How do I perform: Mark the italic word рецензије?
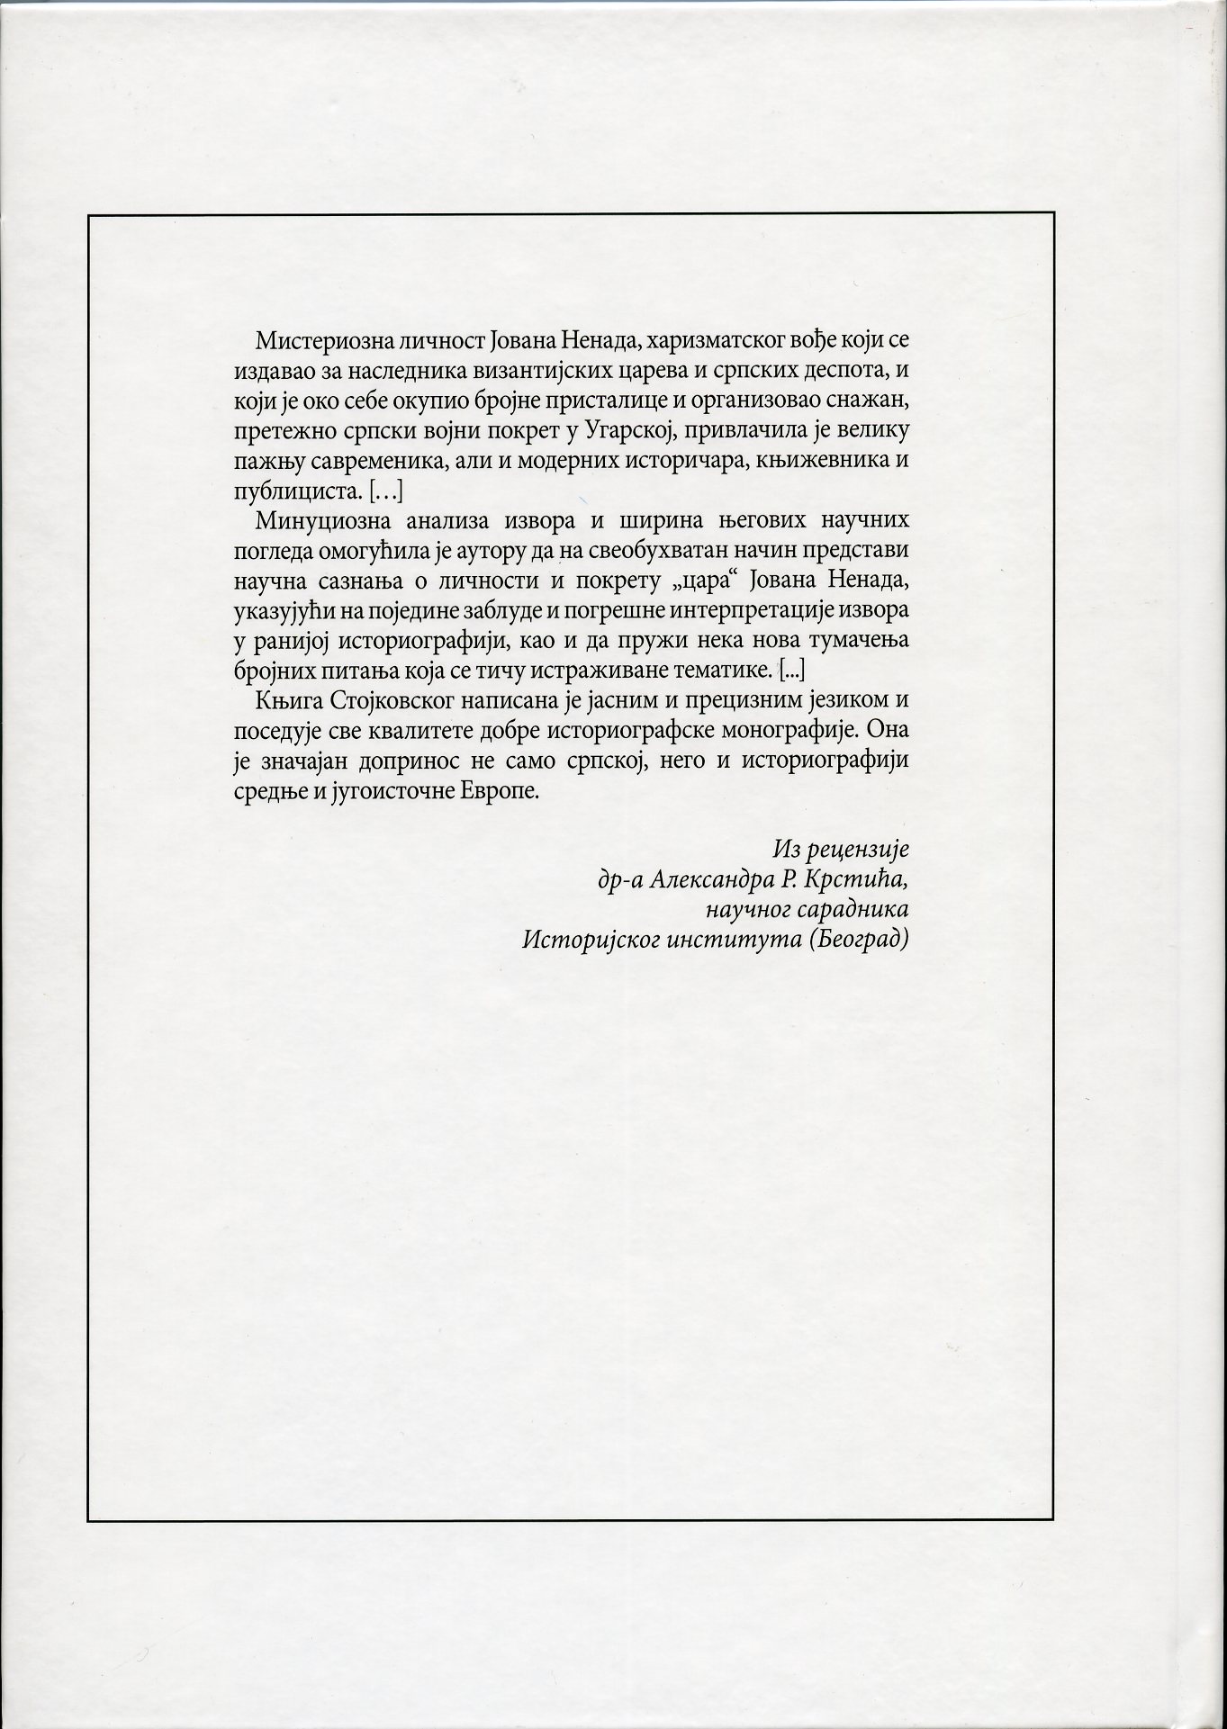859,849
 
